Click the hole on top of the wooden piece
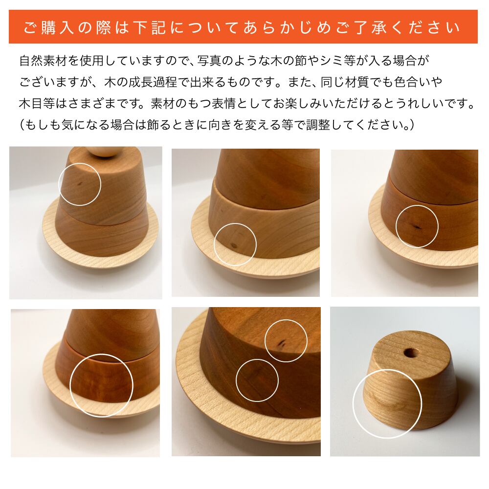(x=410, y=351)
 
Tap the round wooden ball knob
(x=103, y=150)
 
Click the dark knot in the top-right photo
(x=415, y=226)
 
